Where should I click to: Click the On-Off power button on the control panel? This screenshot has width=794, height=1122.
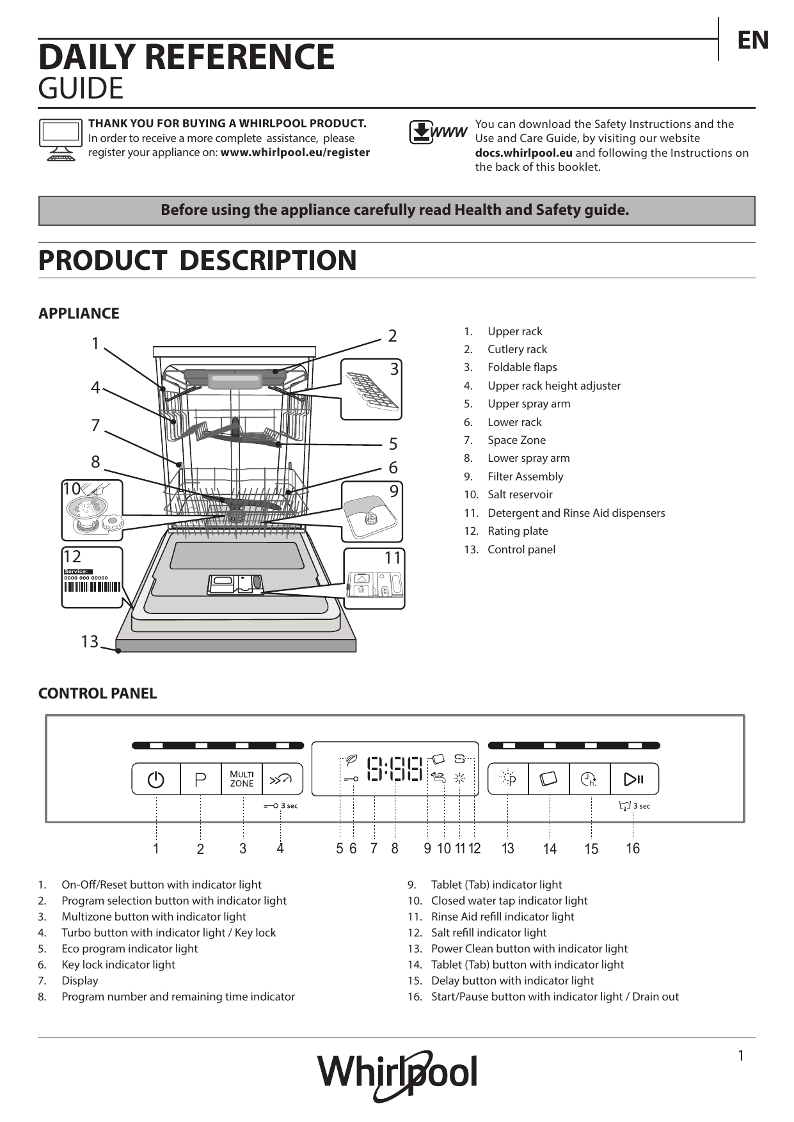tap(156, 779)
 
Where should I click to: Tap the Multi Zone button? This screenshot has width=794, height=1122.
tap(242, 779)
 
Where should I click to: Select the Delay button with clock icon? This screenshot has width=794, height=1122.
tap(589, 779)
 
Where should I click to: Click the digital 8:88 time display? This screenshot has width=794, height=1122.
tap(395, 769)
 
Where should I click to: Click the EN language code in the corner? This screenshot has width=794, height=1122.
tap(753, 40)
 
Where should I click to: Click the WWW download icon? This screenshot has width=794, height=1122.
tap(438, 132)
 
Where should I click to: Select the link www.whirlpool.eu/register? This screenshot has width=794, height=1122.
tap(295, 153)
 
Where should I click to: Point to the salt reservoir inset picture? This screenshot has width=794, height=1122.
tap(92, 510)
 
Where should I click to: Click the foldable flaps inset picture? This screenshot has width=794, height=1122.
tap(371, 389)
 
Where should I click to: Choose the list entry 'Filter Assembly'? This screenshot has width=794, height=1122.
tap(525, 477)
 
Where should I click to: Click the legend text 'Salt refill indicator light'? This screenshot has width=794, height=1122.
tap(489, 933)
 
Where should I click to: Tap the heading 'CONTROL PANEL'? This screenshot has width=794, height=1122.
tap(97, 693)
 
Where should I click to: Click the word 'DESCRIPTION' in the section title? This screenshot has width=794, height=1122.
tap(267, 260)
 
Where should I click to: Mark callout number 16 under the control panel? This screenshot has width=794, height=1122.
tap(633, 848)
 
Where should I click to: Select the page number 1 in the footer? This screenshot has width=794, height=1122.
tap(741, 1056)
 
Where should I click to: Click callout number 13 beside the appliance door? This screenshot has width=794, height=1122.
tap(90, 641)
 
